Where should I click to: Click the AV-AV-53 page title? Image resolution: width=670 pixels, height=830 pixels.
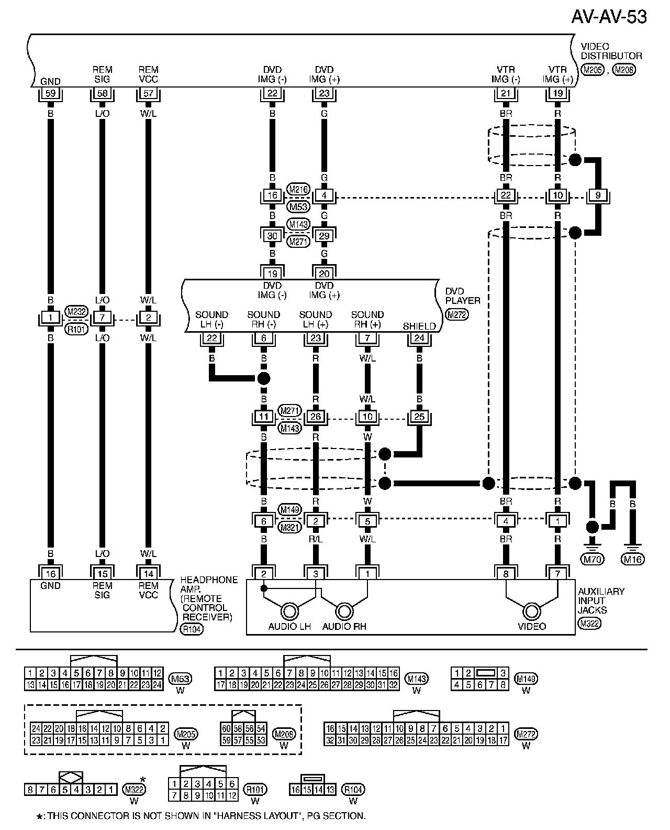[x=609, y=17]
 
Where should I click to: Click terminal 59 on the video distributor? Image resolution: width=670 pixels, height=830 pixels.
[x=50, y=93]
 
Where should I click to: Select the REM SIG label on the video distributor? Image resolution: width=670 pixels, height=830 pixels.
[x=102, y=74]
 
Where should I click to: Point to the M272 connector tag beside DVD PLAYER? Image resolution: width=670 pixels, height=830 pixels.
[x=456, y=314]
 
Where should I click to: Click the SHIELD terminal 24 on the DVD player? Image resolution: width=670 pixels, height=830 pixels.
[x=419, y=338]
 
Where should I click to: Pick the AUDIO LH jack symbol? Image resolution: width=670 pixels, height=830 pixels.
[x=289, y=611]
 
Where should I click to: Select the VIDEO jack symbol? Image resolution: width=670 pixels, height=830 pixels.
[x=532, y=611]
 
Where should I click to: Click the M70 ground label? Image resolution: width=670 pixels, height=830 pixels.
[x=593, y=559]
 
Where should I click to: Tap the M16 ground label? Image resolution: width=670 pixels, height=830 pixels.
[x=632, y=559]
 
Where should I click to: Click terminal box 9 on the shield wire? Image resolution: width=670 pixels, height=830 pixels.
[x=598, y=196]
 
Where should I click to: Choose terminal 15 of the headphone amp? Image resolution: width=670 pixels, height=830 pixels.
[x=102, y=574]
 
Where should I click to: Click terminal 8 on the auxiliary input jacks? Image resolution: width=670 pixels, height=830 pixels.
[x=506, y=574]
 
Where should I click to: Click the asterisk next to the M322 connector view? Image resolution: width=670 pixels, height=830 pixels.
[x=142, y=780]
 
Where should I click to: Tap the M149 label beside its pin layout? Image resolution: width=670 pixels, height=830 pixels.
[x=526, y=679]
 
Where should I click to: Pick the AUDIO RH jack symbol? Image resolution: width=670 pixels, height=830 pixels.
[x=344, y=611]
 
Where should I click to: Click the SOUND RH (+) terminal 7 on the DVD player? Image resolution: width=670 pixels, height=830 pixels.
[x=367, y=338]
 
